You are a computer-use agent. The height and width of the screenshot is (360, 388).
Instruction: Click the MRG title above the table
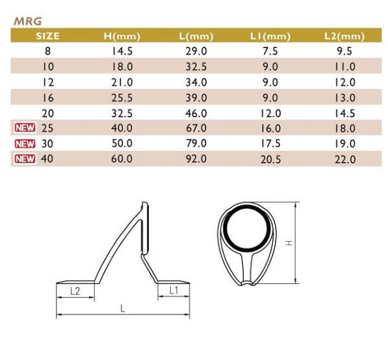pyautogui.click(x=28, y=21)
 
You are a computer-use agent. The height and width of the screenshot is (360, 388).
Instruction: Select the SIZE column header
pyautogui.click(x=47, y=36)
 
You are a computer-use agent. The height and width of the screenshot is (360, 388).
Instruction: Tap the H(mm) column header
pyautogui.click(x=122, y=36)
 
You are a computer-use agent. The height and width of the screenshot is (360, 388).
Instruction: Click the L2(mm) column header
pyautogui.click(x=344, y=36)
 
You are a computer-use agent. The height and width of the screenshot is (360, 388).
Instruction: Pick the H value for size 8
pyautogui.click(x=122, y=51)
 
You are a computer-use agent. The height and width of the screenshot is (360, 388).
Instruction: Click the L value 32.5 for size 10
pyautogui.click(x=196, y=67)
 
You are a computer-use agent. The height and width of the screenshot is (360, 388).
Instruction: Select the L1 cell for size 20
pyautogui.click(x=270, y=114)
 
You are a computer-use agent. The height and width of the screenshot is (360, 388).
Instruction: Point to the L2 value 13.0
pyautogui.click(x=345, y=98)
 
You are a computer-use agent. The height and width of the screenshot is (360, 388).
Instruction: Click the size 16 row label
pyautogui.click(x=48, y=98)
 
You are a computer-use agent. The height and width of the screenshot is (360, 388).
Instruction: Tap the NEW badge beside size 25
pyautogui.click(x=25, y=127)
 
